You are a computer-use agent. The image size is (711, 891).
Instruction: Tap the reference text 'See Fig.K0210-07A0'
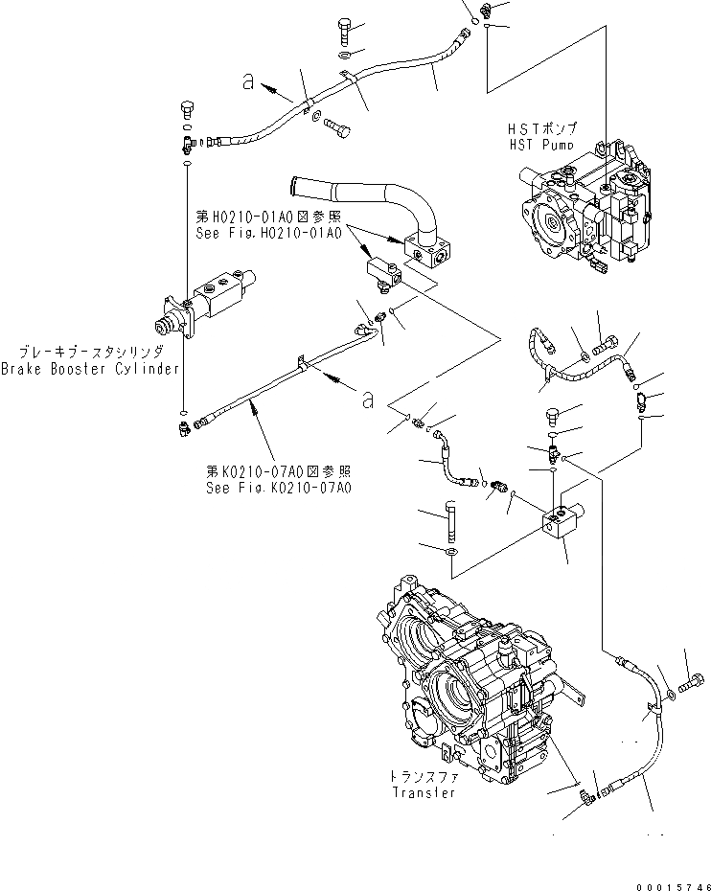tap(279, 488)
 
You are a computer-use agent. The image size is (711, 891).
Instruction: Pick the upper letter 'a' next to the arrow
tap(248, 84)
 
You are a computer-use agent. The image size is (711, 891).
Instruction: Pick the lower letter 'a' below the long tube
tap(368, 400)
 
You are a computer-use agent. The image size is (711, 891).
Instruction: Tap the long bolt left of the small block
tap(450, 522)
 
